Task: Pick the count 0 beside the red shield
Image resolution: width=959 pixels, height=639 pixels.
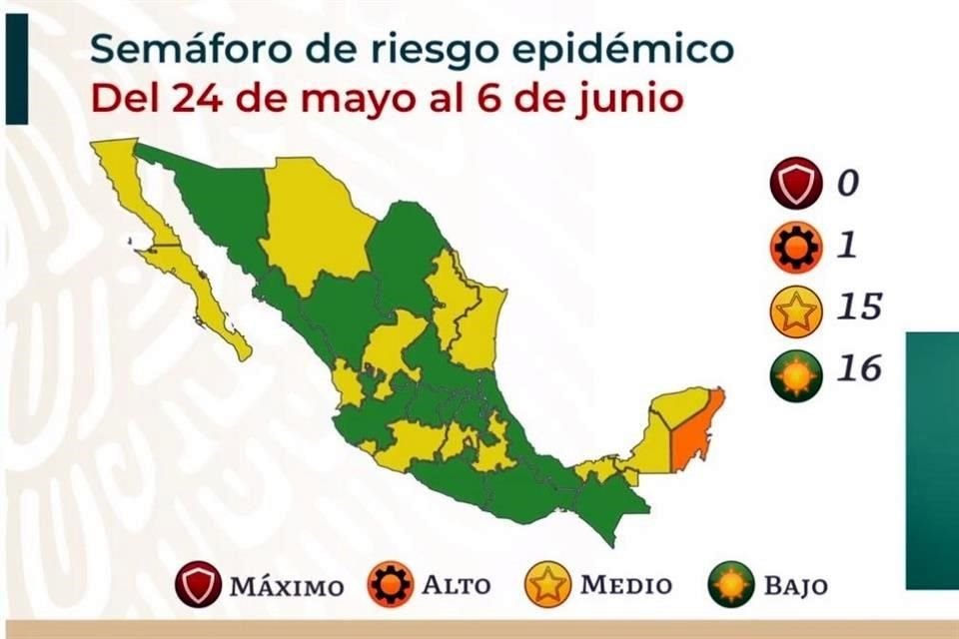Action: pyautogui.click(x=847, y=185)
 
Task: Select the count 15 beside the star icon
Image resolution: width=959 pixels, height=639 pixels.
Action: pyautogui.click(x=858, y=307)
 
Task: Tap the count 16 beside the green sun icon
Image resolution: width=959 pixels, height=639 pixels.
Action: pyautogui.click(x=858, y=369)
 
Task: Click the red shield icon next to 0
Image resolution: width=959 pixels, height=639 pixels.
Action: pyautogui.click(x=795, y=186)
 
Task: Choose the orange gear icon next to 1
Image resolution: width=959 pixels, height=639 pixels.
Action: pyautogui.click(x=795, y=247)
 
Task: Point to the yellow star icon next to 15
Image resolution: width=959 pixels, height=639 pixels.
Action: pyautogui.click(x=795, y=312)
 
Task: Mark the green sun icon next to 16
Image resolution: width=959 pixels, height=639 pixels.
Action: pyautogui.click(x=795, y=374)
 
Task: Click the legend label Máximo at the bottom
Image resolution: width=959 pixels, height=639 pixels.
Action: pyautogui.click(x=287, y=585)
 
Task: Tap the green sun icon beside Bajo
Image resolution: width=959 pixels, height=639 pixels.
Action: pyautogui.click(x=731, y=585)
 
